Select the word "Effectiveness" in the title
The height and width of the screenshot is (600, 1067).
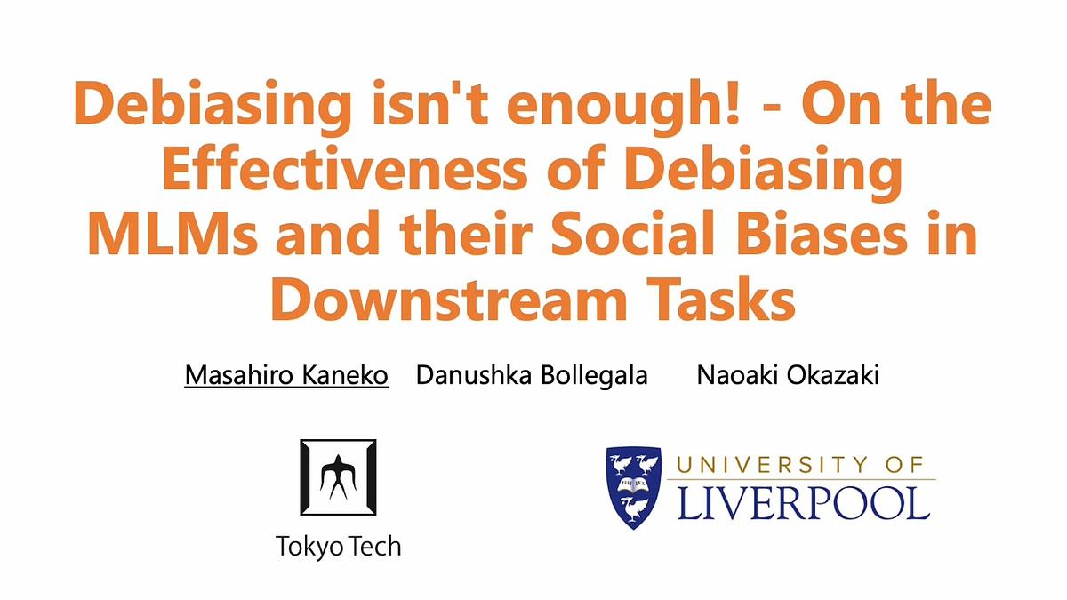pos(344,169)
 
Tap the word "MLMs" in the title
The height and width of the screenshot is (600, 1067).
pos(172,233)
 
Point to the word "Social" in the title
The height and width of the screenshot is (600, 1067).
pos(632,232)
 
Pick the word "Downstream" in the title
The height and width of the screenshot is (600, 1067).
pos(449,299)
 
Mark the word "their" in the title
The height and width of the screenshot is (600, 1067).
pos(465,232)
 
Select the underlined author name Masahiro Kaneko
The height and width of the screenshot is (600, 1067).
pos(286,375)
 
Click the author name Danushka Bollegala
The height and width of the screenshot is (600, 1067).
pos(532,375)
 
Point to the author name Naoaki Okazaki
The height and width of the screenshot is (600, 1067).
pos(788,375)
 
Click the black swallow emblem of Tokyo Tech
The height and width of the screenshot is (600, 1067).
pos(338,476)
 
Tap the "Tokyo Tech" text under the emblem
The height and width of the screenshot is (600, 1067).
pos(338,546)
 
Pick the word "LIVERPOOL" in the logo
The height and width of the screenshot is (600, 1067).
pos(803,504)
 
